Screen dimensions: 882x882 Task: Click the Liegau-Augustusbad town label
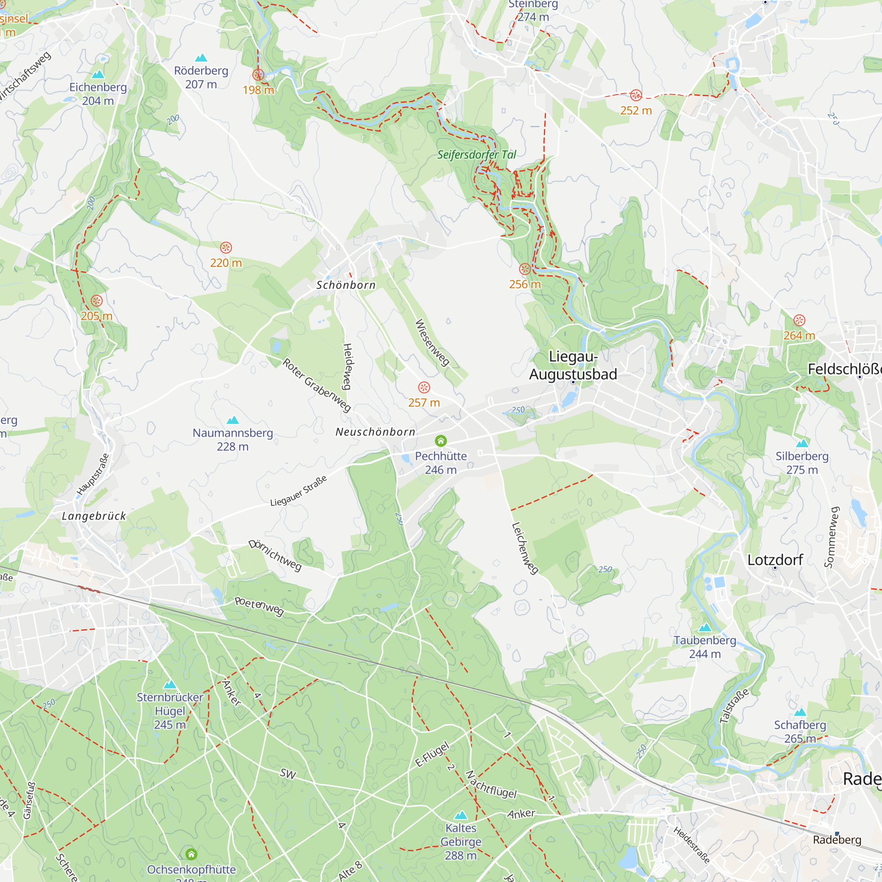point(573,365)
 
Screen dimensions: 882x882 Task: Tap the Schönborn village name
point(346,285)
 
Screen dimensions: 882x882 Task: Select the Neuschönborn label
point(375,432)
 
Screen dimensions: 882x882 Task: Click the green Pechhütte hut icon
point(441,441)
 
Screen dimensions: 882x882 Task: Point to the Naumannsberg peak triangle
point(233,420)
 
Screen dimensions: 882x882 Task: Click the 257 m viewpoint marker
point(424,388)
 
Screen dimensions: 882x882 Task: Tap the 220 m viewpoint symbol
point(226,248)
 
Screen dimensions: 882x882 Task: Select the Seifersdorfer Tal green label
point(477,155)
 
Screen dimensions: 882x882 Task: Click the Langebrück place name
point(93,516)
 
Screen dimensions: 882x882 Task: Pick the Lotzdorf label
point(775,560)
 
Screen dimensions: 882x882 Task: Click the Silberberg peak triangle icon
point(802,443)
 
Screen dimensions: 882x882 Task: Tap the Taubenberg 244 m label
point(705,647)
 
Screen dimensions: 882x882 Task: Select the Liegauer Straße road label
point(299,491)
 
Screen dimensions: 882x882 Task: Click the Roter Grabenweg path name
point(317,385)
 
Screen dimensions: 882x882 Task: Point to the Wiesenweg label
point(432,342)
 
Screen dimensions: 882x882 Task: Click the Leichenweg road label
point(524,548)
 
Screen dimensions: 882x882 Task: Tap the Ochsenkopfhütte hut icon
point(191,854)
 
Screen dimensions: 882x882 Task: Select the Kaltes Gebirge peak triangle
point(461,815)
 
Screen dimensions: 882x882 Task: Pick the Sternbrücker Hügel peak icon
point(170,684)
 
